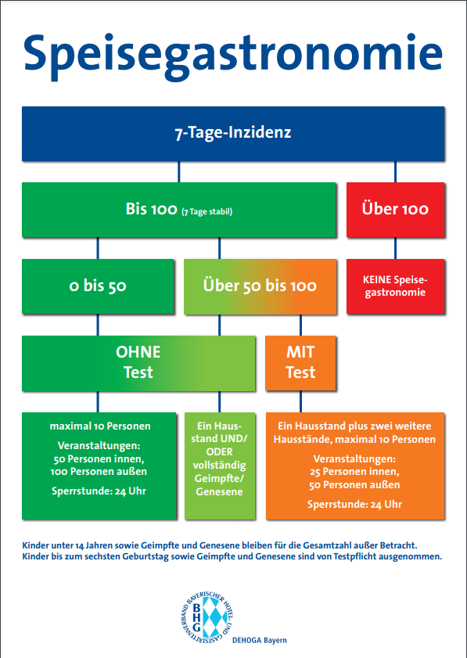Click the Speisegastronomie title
point(233,56)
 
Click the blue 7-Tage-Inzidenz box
point(233,134)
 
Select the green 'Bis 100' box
point(179,210)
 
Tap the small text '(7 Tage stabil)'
point(207,211)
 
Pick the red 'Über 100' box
point(395,210)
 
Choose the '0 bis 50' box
point(98,286)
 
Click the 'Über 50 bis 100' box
point(260,286)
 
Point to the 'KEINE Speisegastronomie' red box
point(395,286)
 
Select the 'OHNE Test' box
point(138,363)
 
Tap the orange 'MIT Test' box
point(300,363)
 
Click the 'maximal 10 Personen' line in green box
point(100,426)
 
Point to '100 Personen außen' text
point(99,472)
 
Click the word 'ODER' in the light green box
point(219,452)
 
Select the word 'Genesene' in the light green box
point(219,492)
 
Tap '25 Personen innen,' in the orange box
point(354,472)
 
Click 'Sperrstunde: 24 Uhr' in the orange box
point(354,505)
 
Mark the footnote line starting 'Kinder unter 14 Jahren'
point(220,545)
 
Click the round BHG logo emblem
point(207,617)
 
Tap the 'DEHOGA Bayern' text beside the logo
point(260,640)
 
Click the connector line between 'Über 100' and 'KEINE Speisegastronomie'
point(395,248)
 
